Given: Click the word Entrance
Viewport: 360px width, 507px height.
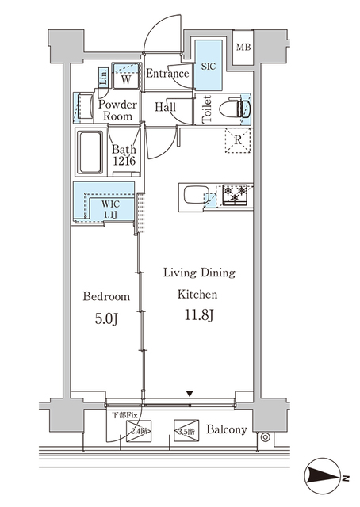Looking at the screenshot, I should pos(168,74).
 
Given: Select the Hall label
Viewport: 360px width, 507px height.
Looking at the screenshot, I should pos(166,108).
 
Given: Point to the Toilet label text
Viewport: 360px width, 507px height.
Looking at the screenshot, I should pos(206,109).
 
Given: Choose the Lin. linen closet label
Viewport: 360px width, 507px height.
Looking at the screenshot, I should pos(104,77).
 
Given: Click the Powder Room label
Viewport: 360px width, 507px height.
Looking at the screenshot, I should pos(117,110).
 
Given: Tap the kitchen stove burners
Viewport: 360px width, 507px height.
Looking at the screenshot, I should pos(234,193).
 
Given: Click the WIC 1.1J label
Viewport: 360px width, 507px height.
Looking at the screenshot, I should pos(110,209).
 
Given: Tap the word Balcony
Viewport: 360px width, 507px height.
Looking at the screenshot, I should pos(226,430).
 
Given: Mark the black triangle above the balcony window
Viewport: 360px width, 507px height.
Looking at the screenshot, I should pos(190,393).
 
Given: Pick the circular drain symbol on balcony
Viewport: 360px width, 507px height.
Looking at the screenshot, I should pos(264,436).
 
